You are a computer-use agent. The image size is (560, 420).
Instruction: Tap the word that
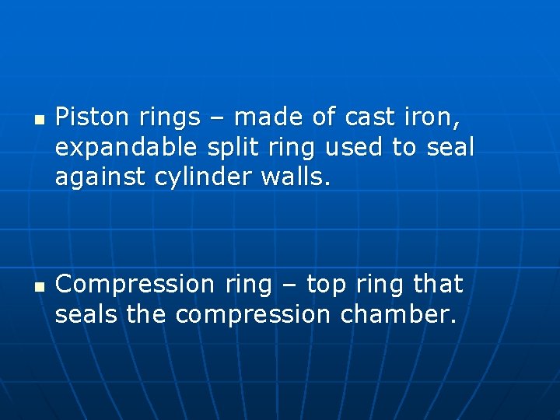438,285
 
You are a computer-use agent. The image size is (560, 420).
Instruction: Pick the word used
360,148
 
